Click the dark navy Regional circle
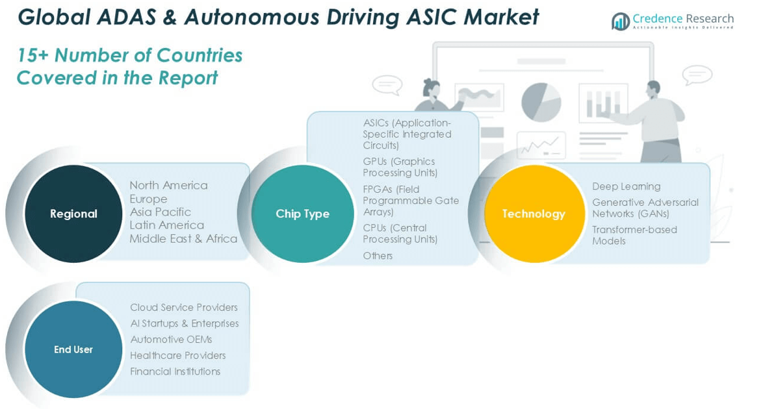click(73, 214)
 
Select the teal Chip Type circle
click(302, 214)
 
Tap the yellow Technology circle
click(534, 214)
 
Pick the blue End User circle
click(73, 349)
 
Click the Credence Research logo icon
click(621, 21)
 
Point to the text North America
click(169, 185)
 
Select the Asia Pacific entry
click(161, 212)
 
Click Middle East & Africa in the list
click(183, 239)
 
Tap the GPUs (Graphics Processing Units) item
click(400, 167)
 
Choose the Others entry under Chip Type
click(378, 255)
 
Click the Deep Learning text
click(627, 186)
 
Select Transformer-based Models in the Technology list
click(635, 235)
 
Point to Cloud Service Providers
click(184, 307)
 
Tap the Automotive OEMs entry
click(171, 340)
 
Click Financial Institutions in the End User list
click(175, 371)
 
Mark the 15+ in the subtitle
click(32, 55)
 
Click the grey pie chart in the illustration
click(541, 103)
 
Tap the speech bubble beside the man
click(697, 75)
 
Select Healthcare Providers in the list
click(178, 355)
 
